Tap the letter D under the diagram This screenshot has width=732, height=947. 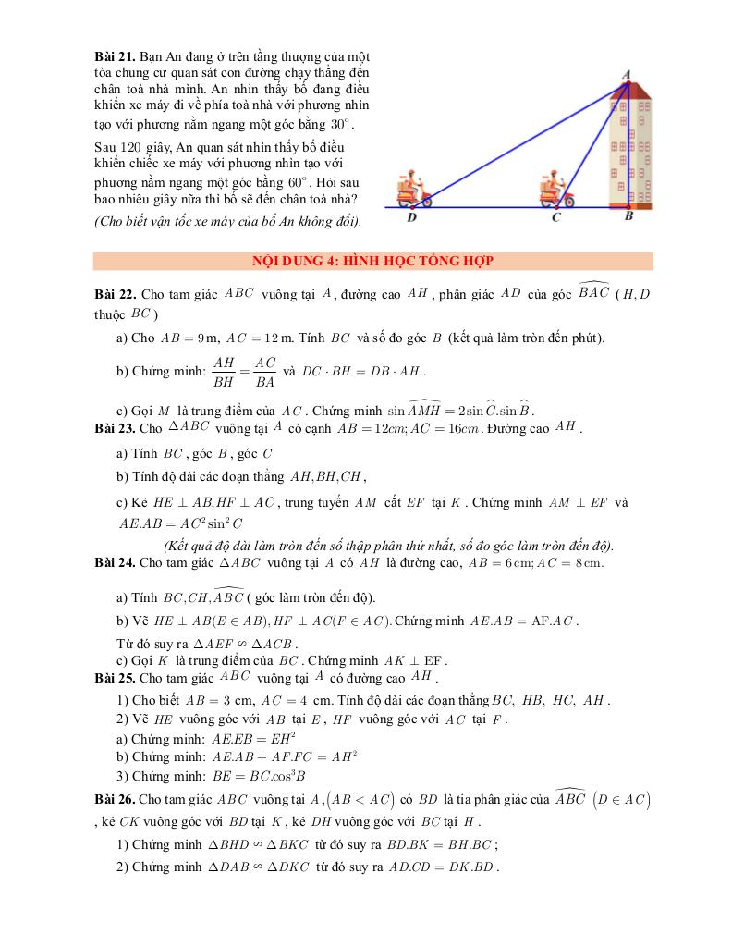click(411, 218)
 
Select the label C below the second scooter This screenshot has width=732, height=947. click(555, 218)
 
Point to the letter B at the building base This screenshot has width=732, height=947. click(628, 217)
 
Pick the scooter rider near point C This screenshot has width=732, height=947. click(555, 189)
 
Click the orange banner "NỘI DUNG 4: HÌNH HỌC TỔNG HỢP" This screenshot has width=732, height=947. click(373, 261)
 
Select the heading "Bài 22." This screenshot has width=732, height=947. click(116, 293)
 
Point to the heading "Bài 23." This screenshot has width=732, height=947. click(116, 428)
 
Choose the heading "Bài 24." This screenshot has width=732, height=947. click(116, 562)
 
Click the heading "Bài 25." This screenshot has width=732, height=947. click(116, 678)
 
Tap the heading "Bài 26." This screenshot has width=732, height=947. click(116, 799)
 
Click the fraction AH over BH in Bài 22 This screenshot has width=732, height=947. click(224, 371)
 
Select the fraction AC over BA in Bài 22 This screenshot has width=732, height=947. click(265, 371)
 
